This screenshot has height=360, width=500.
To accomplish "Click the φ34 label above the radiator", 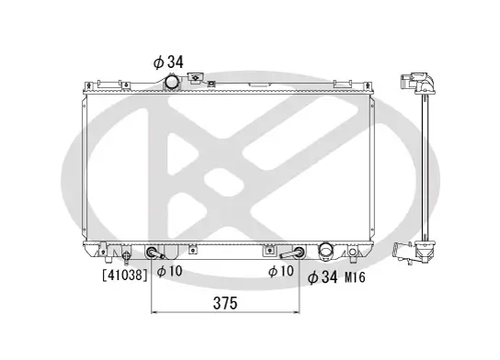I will pos(169,62).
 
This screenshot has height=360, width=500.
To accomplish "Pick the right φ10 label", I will pos(281,271).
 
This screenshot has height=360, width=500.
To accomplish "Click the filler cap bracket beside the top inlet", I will pos(197,82).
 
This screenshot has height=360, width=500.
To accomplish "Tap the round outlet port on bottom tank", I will pos(324,252).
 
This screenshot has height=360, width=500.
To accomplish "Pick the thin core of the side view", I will pos(425,165).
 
